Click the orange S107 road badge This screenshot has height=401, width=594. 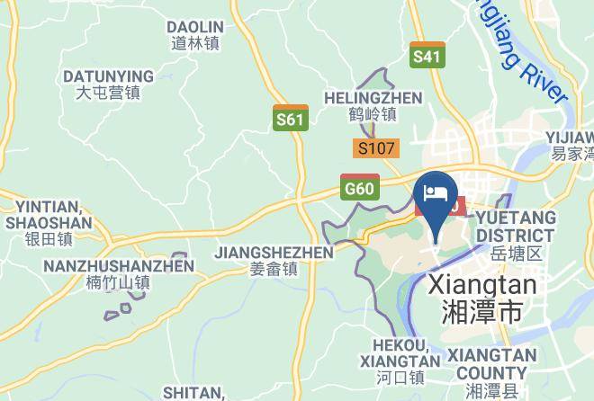pos(376,148)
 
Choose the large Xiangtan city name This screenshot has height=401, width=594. pos(483,285)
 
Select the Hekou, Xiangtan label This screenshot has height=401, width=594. pos(400,352)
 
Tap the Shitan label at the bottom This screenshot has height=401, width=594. pos(193,392)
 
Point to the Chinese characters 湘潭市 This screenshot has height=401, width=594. pos(483,312)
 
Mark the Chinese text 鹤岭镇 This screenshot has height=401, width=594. pos(373,114)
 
